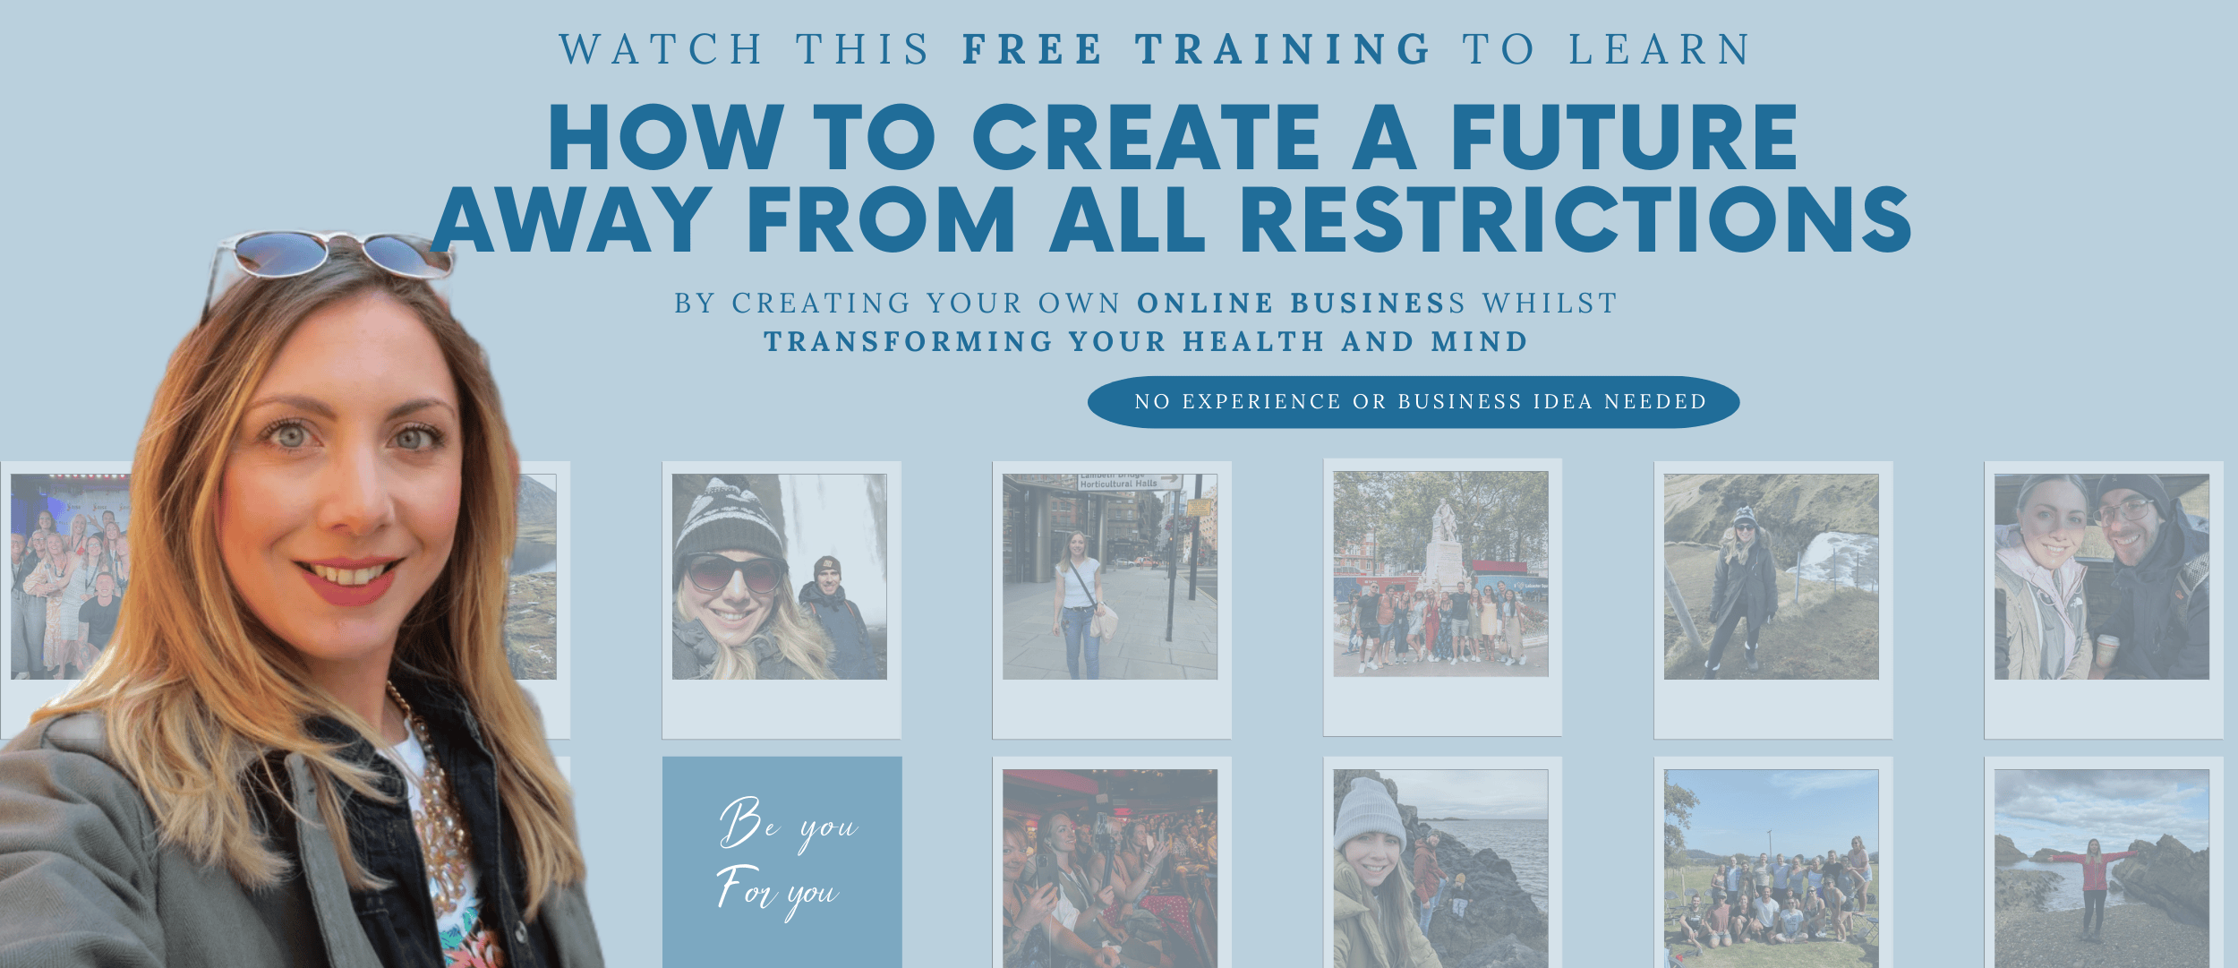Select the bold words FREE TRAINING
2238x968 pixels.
pyautogui.click(x=1197, y=49)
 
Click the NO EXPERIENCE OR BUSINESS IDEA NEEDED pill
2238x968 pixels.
pyautogui.click(x=1414, y=402)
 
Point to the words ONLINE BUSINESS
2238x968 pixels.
pyautogui.click(x=1301, y=304)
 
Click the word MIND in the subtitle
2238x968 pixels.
pyautogui.click(x=1479, y=342)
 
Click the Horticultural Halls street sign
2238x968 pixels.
pyautogui.click(x=1130, y=483)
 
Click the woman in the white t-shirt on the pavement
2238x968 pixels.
pyautogui.click(x=1081, y=605)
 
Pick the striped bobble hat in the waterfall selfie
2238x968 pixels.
pyautogui.click(x=729, y=520)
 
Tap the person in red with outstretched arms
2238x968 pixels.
pyautogui.click(x=2094, y=887)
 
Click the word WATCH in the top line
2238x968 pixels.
pyautogui.click(x=661, y=49)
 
